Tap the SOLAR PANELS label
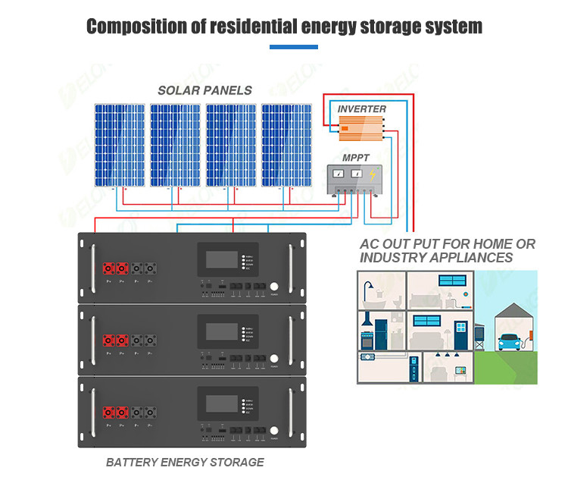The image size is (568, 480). click(x=204, y=90)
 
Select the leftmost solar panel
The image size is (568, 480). click(x=119, y=146)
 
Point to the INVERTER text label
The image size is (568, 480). click(x=362, y=109)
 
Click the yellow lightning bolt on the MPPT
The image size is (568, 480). click(x=371, y=176)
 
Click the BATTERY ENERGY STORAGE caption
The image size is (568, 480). click(x=185, y=462)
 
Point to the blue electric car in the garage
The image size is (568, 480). click(x=509, y=344)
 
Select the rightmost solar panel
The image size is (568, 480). click(x=287, y=146)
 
